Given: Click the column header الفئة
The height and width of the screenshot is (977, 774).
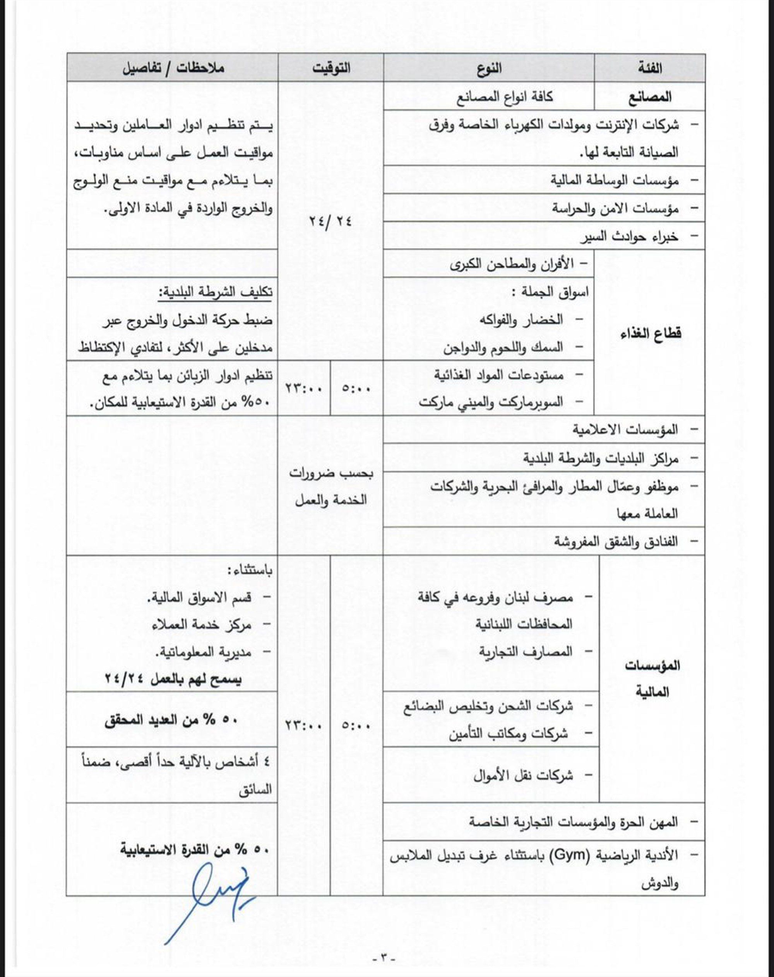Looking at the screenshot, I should [650, 68].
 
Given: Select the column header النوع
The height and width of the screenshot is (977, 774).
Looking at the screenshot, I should [488, 68].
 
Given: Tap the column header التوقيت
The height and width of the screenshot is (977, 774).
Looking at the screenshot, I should [331, 68].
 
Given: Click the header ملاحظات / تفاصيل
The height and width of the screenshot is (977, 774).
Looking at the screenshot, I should [173, 68].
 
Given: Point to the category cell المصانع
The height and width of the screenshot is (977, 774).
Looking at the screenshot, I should [650, 96].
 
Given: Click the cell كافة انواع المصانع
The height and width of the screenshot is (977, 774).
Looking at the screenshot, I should [504, 96].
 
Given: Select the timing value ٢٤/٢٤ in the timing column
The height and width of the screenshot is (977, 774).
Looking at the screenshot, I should [331, 222].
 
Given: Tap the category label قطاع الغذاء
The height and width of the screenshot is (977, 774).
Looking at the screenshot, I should [651, 334].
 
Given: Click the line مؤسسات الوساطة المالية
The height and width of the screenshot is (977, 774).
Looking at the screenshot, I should [615, 180].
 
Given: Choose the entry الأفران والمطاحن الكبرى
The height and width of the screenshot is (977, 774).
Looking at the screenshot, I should [512, 264].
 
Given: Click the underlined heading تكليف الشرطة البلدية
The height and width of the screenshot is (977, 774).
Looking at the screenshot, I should [215, 292].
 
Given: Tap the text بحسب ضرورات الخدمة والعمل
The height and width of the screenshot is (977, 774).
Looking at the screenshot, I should [331, 487].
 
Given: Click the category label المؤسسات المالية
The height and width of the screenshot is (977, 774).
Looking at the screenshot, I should [652, 679].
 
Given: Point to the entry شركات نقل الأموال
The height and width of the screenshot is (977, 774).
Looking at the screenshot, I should [523, 775].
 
